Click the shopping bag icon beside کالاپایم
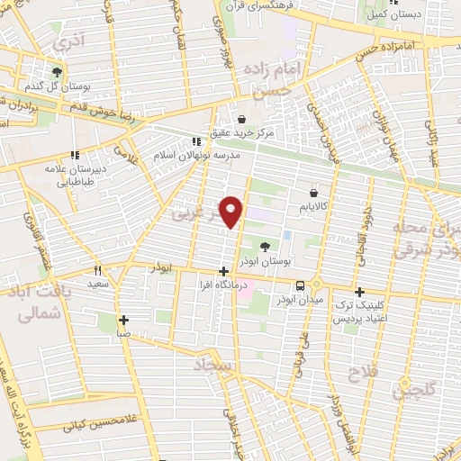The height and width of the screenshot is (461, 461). point(313,193)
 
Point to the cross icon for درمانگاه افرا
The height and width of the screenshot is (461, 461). point(223,270)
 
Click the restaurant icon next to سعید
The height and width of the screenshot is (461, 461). point(98,269)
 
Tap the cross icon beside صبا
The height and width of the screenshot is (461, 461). point(123,319)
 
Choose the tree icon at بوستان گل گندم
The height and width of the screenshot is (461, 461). point(58,72)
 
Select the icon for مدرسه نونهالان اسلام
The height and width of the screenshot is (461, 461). point(197,141)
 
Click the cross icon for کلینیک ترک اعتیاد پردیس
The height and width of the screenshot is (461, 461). point(359,292)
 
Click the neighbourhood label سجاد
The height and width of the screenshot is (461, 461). point(212,365)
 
